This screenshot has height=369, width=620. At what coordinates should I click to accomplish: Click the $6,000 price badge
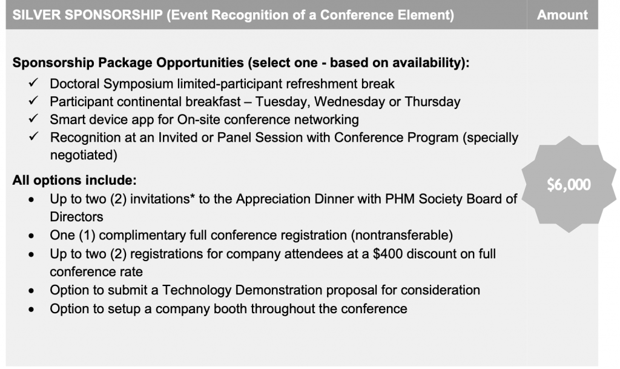(x=569, y=184)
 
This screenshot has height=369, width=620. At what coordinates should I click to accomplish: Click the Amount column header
(x=562, y=15)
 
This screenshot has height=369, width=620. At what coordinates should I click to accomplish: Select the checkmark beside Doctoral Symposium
(x=33, y=82)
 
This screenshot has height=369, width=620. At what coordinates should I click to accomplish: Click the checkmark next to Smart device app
(x=33, y=118)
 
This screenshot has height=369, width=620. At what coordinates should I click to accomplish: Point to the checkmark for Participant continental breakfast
(x=33, y=101)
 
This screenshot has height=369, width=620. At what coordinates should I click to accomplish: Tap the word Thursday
(x=432, y=102)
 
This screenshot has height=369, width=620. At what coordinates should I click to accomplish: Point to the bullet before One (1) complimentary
(x=31, y=236)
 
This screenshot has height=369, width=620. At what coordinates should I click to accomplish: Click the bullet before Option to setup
(x=31, y=310)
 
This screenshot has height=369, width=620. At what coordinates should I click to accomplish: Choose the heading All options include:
(x=74, y=181)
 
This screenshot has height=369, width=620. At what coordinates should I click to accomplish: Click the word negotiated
(x=84, y=155)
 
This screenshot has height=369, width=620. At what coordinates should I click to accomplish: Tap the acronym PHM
(x=400, y=199)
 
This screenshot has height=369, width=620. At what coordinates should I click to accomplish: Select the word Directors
(x=76, y=217)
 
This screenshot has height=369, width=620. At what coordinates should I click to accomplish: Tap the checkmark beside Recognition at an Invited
(x=33, y=136)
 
